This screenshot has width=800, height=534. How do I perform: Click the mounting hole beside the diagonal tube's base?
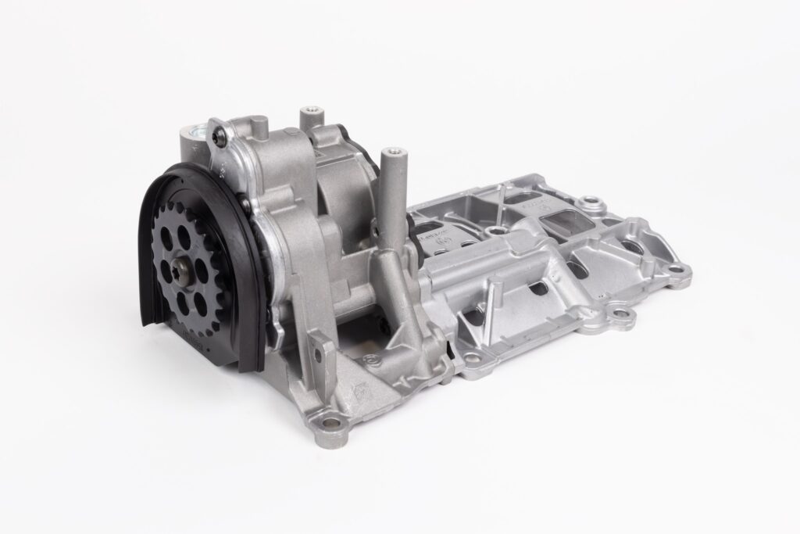click(373, 360)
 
